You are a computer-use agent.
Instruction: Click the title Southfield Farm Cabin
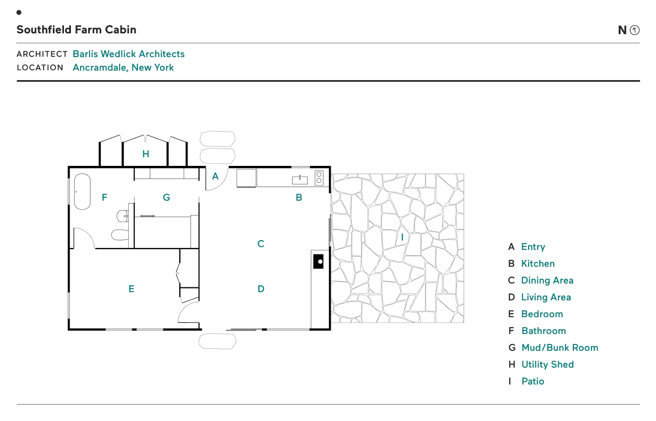[x=76, y=29]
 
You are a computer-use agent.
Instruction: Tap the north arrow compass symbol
[x=634, y=30]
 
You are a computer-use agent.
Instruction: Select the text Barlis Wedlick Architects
[x=129, y=54]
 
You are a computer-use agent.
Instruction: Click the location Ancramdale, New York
[x=123, y=67]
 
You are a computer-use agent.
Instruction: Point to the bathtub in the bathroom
[x=82, y=192]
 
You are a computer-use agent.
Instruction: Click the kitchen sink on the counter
[x=300, y=180]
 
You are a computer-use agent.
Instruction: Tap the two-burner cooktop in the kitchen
[x=319, y=178]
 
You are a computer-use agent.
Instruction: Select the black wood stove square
[x=318, y=261]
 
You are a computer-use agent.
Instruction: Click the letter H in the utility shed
[x=146, y=154]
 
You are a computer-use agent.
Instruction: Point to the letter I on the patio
[x=402, y=237]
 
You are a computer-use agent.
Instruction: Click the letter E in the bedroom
[x=131, y=289]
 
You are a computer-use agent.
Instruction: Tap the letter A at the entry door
[x=215, y=176]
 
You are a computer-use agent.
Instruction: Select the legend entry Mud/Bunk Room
[x=559, y=348]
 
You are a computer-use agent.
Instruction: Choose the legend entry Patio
[x=533, y=381]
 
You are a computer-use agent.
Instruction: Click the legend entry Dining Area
[x=547, y=280]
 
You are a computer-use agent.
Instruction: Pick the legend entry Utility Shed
[x=547, y=364]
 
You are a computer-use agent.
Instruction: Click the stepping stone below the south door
[x=217, y=341]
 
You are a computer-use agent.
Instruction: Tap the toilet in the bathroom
[x=120, y=235]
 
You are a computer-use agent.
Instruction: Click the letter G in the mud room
[x=166, y=198]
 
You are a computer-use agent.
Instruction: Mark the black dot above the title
[x=19, y=12]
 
